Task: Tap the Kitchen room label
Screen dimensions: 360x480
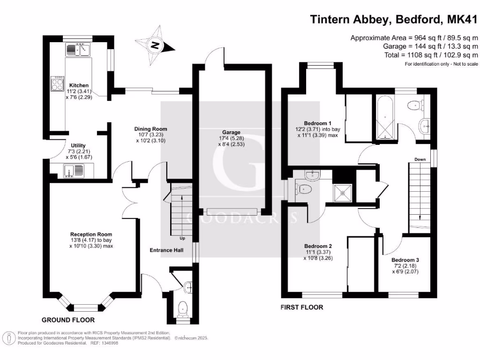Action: tap(79, 85)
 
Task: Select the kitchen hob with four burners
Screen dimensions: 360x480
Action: tap(57, 83)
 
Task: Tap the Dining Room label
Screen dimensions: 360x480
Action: tap(150, 129)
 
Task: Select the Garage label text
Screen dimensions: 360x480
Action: tap(232, 133)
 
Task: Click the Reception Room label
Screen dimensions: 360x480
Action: tap(91, 234)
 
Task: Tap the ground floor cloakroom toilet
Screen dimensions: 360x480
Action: tap(183, 308)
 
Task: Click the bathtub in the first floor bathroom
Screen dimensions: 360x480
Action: tap(384, 118)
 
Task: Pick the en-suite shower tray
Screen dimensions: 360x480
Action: tap(344, 191)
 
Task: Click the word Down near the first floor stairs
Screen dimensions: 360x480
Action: tap(420, 159)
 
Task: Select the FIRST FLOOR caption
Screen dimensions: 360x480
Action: tap(302, 307)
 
